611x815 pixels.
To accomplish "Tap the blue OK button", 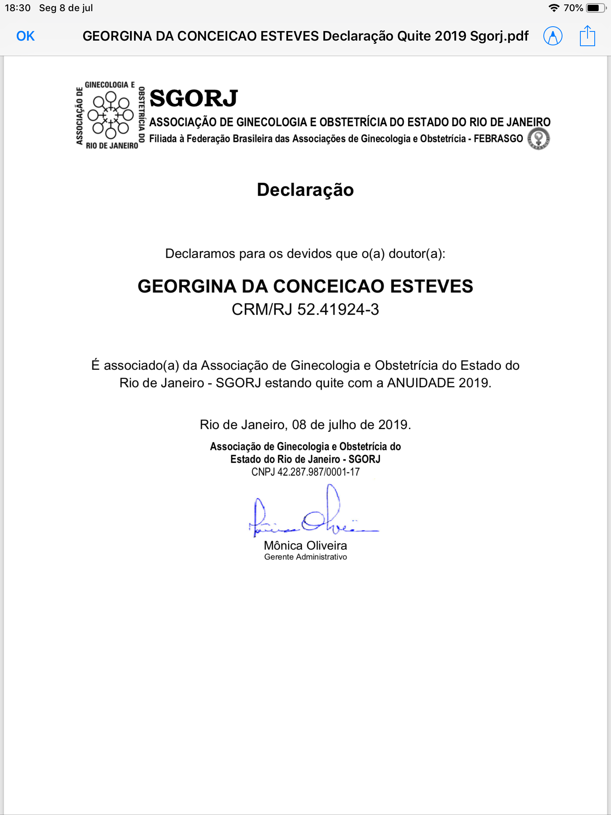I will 25,36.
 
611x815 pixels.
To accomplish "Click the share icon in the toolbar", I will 587,36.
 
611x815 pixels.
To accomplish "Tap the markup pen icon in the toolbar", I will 553,36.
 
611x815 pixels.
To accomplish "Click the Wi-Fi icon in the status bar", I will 553,8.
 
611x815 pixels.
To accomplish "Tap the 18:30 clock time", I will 18,8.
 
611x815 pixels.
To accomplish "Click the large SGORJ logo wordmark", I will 194,98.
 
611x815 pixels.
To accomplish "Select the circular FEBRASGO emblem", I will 539,139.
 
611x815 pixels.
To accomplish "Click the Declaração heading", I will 305,189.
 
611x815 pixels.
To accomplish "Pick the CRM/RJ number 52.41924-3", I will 338,310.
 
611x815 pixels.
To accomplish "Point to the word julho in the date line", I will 342,425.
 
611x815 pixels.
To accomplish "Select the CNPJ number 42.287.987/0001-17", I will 318,472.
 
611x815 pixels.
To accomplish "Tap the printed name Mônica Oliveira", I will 305,546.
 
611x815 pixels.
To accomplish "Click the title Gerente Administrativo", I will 305,557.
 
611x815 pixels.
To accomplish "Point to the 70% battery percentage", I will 573,8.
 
